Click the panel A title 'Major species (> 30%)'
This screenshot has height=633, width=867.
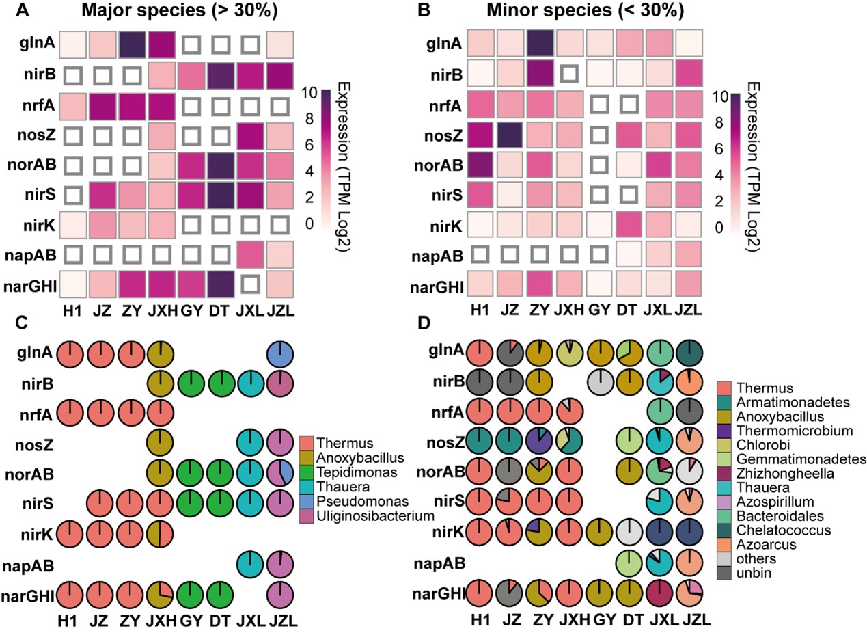pyautogui.click(x=179, y=11)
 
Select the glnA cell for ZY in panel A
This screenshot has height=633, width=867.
pyautogui.click(x=131, y=44)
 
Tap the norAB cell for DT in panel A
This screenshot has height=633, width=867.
pyautogui.click(x=220, y=165)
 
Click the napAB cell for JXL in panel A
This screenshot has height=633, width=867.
pyautogui.click(x=250, y=255)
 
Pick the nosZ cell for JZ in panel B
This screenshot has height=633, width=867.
pyautogui.click(x=510, y=135)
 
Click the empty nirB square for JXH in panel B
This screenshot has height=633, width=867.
pyautogui.click(x=569, y=75)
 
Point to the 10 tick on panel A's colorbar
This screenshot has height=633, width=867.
pyautogui.click(x=309, y=93)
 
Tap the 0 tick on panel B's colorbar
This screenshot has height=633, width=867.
pyautogui.click(x=719, y=227)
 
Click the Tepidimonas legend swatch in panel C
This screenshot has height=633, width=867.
pyautogui.click(x=307, y=472)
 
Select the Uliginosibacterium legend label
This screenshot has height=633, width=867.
pyautogui.click(x=375, y=515)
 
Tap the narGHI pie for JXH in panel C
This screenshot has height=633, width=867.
pyautogui.click(x=161, y=595)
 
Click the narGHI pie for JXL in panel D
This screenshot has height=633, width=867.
pyautogui.click(x=660, y=593)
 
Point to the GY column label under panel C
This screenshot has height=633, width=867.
pyautogui.click(x=191, y=621)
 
